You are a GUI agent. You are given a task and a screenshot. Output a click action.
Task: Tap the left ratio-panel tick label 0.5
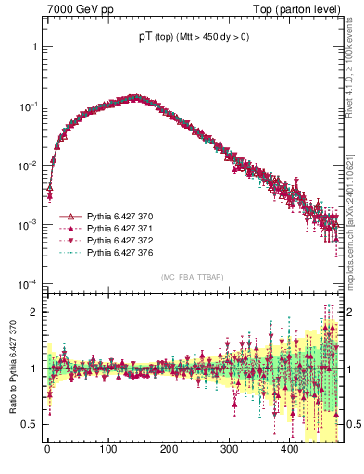[x=29, y=425]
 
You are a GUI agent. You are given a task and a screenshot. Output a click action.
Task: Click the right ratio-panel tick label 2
[x=353, y=312]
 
